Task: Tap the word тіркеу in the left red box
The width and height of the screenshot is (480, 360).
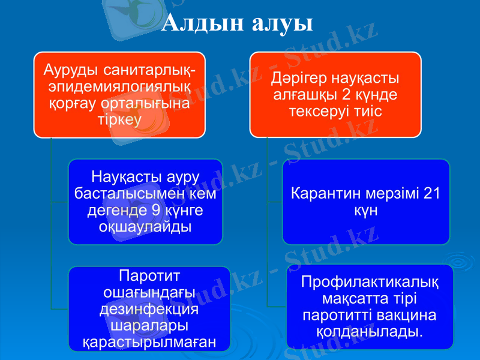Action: click(x=119, y=119)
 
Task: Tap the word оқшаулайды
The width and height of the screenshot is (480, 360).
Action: click(x=144, y=227)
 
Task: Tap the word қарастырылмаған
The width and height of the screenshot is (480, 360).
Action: click(x=149, y=343)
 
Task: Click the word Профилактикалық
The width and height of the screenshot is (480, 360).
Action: click(x=369, y=281)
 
